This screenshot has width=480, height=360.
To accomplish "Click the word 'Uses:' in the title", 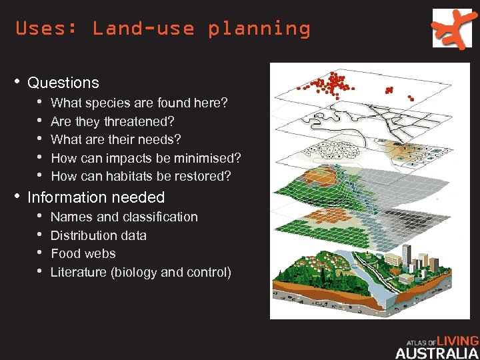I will [x=40, y=29].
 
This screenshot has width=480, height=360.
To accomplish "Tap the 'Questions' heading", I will [x=63, y=83].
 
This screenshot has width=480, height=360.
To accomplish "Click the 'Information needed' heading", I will [x=96, y=197].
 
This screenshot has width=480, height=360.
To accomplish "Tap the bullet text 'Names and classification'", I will [x=124, y=217].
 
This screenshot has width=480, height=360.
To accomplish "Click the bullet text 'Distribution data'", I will [x=98, y=235].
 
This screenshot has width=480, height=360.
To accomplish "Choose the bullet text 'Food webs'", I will [x=83, y=253].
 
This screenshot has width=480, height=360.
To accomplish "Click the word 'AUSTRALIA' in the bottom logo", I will [x=436, y=353].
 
